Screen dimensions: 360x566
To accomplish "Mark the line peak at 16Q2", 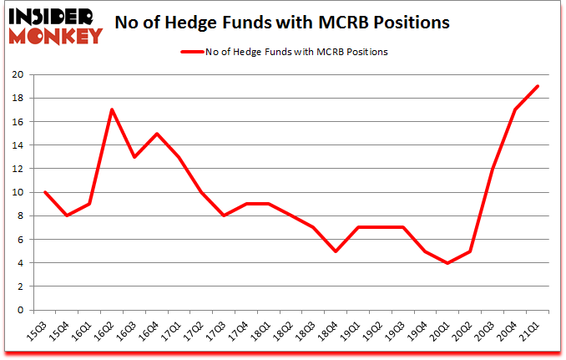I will click(112, 109).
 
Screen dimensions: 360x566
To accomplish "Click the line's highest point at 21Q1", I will click(538, 86).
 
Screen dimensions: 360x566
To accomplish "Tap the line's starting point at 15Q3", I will click(44, 192).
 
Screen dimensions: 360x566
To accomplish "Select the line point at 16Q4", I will click(157, 134).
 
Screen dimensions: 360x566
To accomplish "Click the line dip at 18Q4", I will click(335, 251).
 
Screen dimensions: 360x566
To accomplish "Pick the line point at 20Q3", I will click(493, 169).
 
